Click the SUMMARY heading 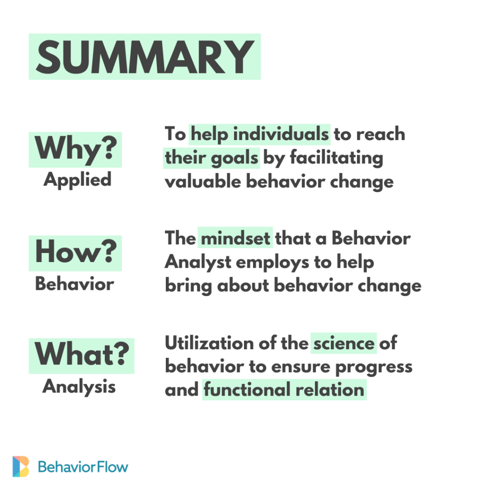(x=145, y=57)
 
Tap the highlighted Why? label (x=76, y=149)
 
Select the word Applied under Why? (x=77, y=180)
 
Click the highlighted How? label (x=76, y=252)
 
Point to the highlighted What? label (x=81, y=354)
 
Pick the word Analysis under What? (x=79, y=387)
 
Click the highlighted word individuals (x=281, y=134)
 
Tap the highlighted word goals (x=234, y=158)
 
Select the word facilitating (x=336, y=157)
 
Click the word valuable (x=203, y=181)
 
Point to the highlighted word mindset (x=235, y=238)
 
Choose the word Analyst (x=198, y=262)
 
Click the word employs (x=273, y=263)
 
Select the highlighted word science (x=344, y=343)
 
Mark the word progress (x=374, y=367)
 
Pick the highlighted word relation (x=330, y=389)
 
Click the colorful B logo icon (x=20, y=466)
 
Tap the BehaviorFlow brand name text (x=83, y=467)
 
